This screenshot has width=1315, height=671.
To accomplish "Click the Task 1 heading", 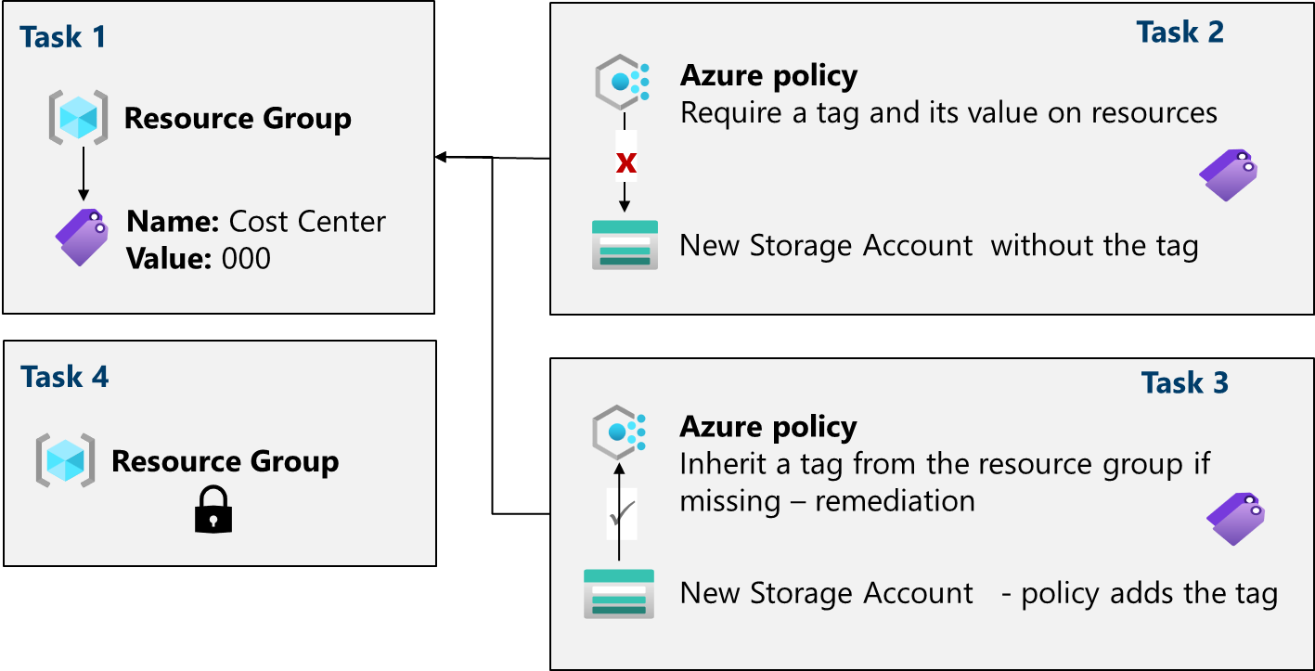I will click(x=63, y=37).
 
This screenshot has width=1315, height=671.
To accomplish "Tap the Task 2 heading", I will click(x=1180, y=32).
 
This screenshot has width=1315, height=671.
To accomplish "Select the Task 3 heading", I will click(x=1184, y=382).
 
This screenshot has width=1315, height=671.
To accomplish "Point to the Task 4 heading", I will click(x=64, y=377).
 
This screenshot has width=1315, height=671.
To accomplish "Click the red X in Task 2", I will click(x=626, y=162).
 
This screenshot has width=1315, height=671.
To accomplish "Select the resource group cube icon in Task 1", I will click(x=78, y=118).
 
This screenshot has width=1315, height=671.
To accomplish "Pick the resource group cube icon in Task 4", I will click(x=65, y=460).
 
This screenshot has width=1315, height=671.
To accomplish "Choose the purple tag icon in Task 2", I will click(x=1228, y=174).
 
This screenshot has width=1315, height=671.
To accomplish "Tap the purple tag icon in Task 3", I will click(x=1235, y=518).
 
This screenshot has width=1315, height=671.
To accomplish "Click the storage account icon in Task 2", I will click(x=625, y=245).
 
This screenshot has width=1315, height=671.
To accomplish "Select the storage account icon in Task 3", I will click(x=618, y=593).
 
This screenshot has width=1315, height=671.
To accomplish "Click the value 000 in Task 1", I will click(x=246, y=258).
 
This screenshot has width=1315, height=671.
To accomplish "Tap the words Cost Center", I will click(x=306, y=222).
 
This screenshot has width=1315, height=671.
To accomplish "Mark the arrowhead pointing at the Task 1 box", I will click(x=440, y=158).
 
